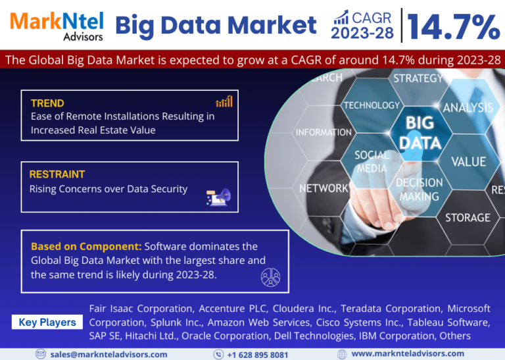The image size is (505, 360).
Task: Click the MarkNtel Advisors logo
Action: (x=57, y=26)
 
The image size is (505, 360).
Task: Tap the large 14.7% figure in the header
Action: (x=454, y=27)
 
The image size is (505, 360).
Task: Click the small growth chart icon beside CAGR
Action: (x=341, y=17)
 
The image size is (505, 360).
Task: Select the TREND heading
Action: (x=47, y=103)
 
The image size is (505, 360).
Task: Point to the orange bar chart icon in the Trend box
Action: (x=224, y=101)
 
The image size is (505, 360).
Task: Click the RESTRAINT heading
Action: (x=57, y=174)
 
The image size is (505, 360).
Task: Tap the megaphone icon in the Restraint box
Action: (x=219, y=197)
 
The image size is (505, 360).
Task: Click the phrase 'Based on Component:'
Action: (x=86, y=247)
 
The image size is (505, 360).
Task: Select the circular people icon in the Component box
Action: (x=270, y=277)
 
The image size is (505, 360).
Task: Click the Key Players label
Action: (x=47, y=322)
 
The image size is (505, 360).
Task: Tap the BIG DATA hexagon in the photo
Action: (x=420, y=132)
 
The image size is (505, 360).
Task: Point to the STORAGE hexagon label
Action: (x=468, y=218)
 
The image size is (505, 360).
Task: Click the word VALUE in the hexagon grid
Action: (x=469, y=162)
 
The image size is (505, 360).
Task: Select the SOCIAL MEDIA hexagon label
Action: (x=372, y=162)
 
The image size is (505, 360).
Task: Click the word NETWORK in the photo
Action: (x=324, y=188)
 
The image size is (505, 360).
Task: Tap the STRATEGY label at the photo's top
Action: (x=418, y=78)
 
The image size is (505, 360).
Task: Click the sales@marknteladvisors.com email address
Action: (x=109, y=355)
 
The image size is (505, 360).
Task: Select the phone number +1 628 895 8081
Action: (x=258, y=355)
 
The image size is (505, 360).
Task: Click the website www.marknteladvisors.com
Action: (x=408, y=353)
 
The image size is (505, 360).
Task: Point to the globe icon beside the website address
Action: (x=342, y=354)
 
